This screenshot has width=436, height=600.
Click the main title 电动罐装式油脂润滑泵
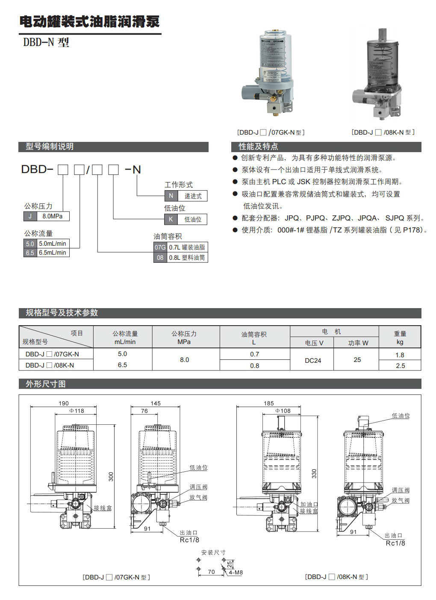click(x=90, y=22)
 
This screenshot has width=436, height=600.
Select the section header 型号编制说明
click(x=50, y=147)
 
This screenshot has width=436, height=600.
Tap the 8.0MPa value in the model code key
click(x=53, y=216)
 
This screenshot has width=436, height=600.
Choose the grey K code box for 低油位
click(x=171, y=220)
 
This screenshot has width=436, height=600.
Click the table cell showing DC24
click(x=312, y=360)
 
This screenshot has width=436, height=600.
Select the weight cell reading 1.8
click(x=400, y=355)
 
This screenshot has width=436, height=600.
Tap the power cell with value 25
click(x=357, y=360)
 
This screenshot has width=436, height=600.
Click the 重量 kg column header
click(x=400, y=337)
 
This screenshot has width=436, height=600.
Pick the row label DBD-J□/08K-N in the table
click(x=50, y=365)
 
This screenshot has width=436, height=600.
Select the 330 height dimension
click(x=314, y=474)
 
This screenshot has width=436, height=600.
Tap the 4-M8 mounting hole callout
click(x=236, y=572)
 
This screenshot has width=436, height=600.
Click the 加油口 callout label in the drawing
click(x=309, y=504)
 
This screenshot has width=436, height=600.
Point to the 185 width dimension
click(x=269, y=403)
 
